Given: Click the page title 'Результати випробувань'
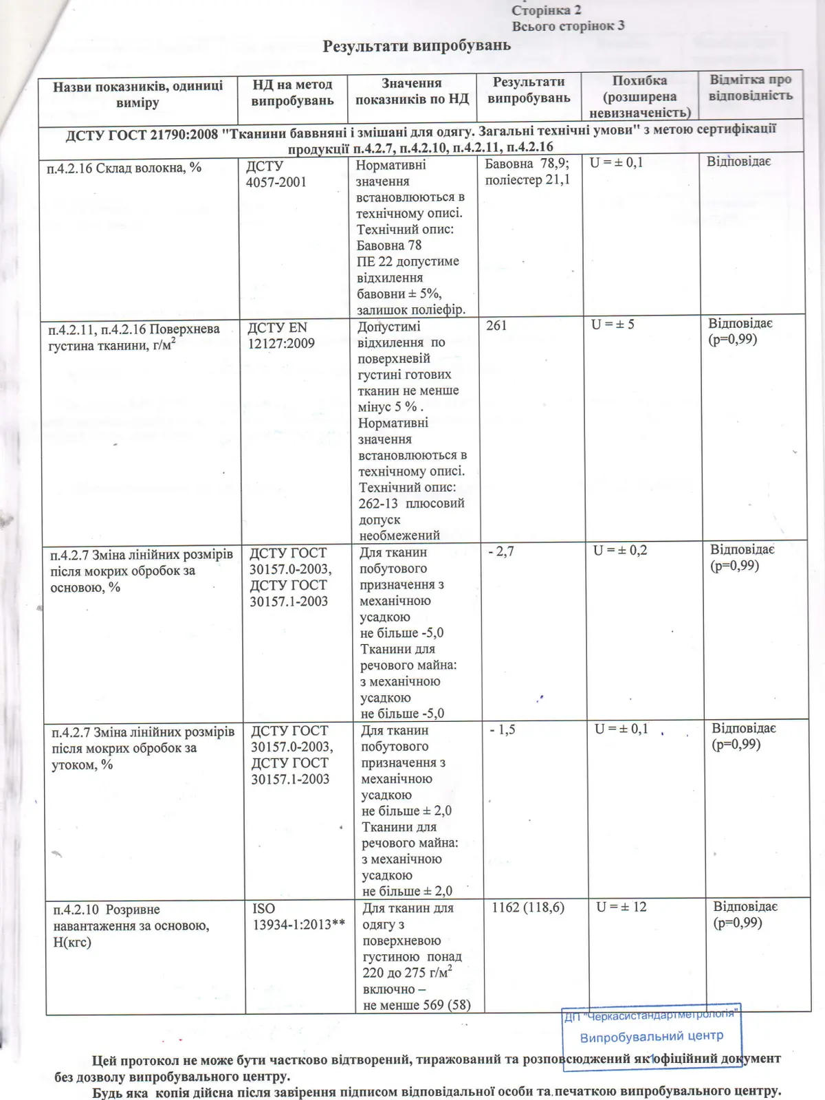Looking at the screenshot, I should [x=417, y=46].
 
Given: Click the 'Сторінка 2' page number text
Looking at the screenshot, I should [x=547, y=10].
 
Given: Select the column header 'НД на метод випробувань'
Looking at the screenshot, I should [x=292, y=93].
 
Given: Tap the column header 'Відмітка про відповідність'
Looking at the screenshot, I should [x=751, y=88].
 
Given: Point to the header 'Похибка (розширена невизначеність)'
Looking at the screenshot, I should [x=639, y=96].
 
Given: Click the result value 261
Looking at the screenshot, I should [x=496, y=325].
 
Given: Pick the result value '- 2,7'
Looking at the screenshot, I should [x=500, y=551].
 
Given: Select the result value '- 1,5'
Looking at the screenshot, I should [x=502, y=729].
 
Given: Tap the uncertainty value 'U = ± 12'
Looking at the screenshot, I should [x=621, y=907].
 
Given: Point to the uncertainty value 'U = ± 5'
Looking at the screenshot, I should [x=613, y=324].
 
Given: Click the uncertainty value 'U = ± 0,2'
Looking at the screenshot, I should [x=620, y=550].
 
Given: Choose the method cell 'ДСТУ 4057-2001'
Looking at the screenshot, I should [x=276, y=174].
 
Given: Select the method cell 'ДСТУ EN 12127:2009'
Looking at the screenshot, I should [x=280, y=335].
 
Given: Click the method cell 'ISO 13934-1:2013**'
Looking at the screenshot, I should [x=298, y=916].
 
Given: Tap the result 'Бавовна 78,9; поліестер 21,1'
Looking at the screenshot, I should [x=527, y=172].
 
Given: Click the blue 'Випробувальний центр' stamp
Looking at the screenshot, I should [x=651, y=1035].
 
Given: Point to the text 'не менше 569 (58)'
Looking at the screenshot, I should [x=417, y=1004].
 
